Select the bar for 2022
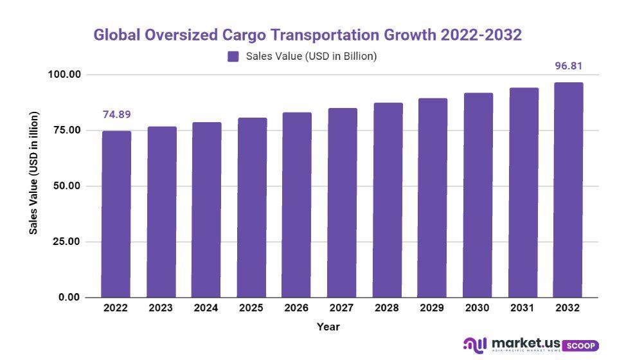[x=116, y=214]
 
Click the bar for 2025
[x=252, y=207]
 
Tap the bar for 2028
[x=388, y=200]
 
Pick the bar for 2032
[x=568, y=190]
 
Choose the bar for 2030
[x=478, y=195]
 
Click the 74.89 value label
[x=116, y=115]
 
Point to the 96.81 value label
[x=568, y=66]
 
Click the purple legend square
[x=233, y=57]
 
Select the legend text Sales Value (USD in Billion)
[x=311, y=57]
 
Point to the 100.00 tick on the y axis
[x=64, y=75]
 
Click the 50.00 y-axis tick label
[x=66, y=186]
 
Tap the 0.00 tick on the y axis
[x=69, y=297]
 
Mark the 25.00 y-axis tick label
[x=66, y=242]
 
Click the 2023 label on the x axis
[x=161, y=308]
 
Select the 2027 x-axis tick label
[x=342, y=308]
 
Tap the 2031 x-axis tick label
[x=523, y=308]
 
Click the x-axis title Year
[x=328, y=327]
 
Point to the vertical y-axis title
[x=34, y=182]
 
